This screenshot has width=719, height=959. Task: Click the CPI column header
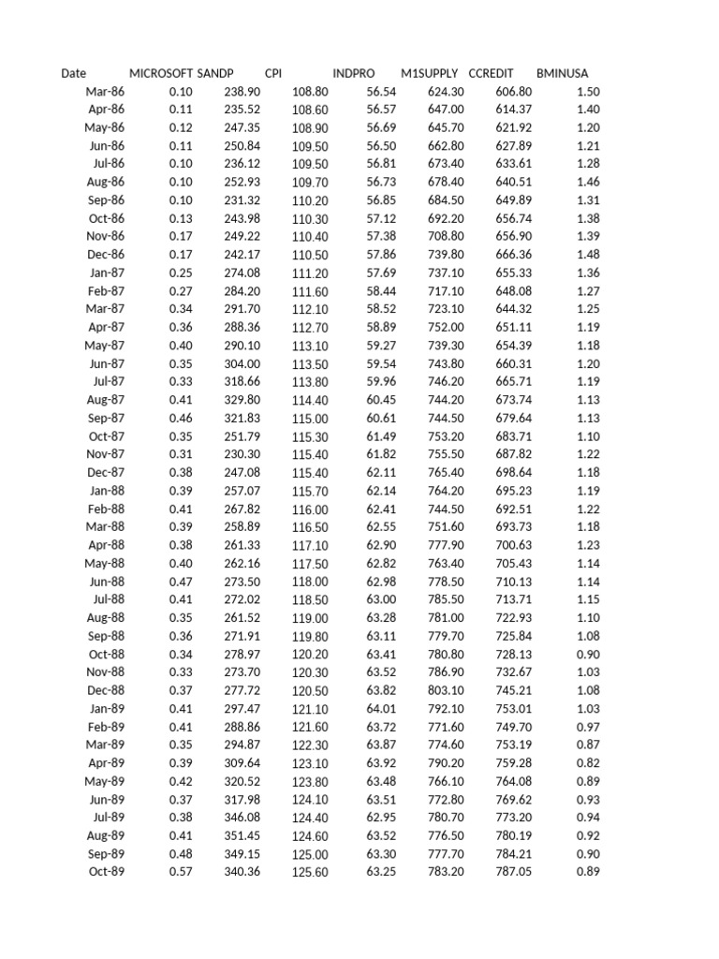tap(273, 73)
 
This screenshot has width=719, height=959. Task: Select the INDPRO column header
tap(353, 73)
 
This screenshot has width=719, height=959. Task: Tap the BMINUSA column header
tap(563, 73)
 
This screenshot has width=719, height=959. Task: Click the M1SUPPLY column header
tap(429, 73)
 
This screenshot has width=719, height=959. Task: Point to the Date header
tap(73, 73)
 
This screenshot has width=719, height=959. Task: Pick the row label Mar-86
tap(105, 92)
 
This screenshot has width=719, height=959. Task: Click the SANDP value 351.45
tap(242, 835)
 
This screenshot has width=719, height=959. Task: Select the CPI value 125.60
tap(311, 873)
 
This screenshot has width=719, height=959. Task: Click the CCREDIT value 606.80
tap(513, 92)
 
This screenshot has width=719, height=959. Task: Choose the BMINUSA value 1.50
tap(589, 92)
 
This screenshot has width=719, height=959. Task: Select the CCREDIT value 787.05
tap(513, 872)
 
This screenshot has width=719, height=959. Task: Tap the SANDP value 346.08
tap(242, 818)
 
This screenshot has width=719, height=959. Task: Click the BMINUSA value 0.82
tap(589, 763)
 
